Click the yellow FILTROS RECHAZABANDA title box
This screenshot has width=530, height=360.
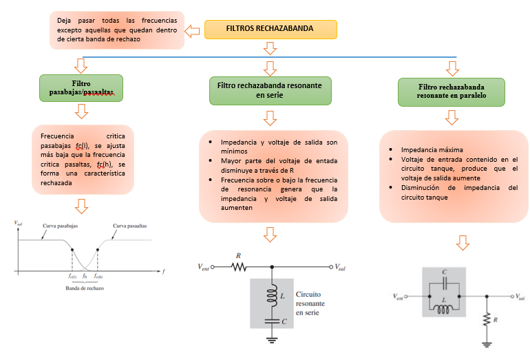click(271, 29)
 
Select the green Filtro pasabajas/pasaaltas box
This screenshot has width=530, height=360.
click(81, 87)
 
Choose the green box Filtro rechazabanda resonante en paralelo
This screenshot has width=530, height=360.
click(451, 92)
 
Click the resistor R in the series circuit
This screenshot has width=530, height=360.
click(239, 266)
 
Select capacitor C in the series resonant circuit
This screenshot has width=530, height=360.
click(273, 321)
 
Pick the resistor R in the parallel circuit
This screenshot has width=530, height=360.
click(487, 320)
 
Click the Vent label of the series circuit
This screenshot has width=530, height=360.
click(205, 267)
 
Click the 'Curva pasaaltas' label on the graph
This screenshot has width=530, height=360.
click(130, 226)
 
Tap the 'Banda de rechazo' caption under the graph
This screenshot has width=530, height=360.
click(85, 287)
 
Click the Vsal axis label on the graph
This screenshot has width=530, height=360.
click(19, 224)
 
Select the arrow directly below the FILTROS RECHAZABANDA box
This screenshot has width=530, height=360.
click(270, 47)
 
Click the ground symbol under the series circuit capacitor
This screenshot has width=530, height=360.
click(273, 339)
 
